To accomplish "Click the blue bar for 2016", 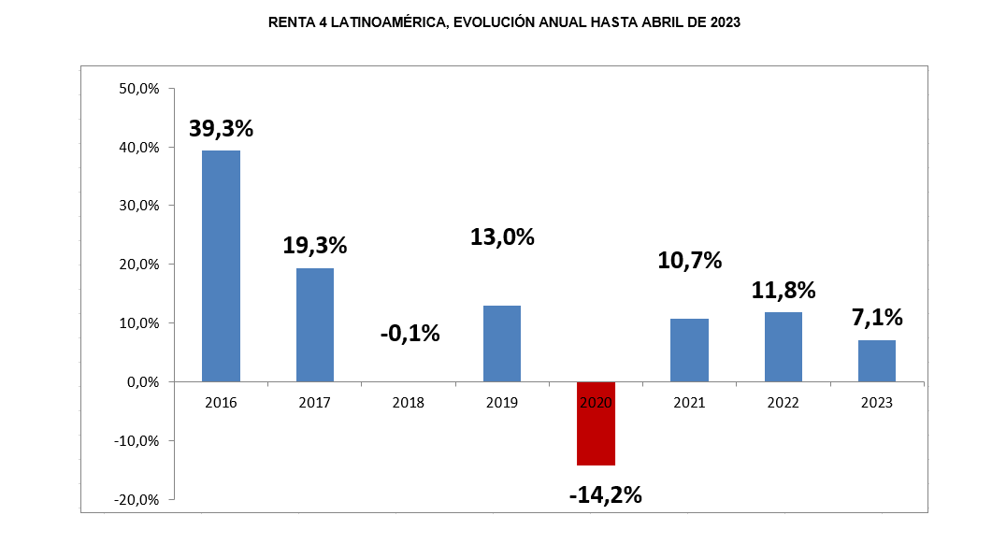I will pos(222,265).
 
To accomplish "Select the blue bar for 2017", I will pos(315,324).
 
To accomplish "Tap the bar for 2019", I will pos(502,343).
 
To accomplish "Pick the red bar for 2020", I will pos(596,423).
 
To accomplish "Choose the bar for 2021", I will pos(689,350).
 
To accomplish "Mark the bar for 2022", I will pos(783,347).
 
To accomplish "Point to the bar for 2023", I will pos(876,361).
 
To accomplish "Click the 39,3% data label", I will pos(222,129).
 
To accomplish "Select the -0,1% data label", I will pos(410,332).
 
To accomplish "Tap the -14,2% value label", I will pos(605,494).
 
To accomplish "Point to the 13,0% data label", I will pos(502,236).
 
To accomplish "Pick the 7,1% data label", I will pos(876,317).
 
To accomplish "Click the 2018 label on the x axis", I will pos(409,403).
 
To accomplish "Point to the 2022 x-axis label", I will pos(783,403).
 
